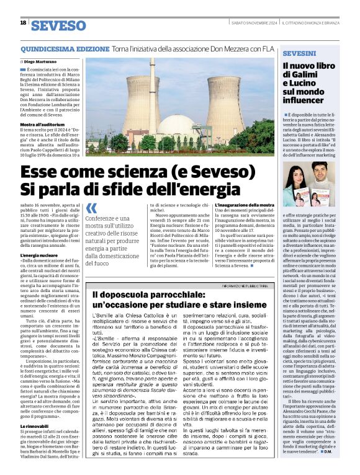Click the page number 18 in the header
pos(22,23)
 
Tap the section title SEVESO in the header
pos(58,25)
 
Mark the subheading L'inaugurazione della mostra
pos(244,205)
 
